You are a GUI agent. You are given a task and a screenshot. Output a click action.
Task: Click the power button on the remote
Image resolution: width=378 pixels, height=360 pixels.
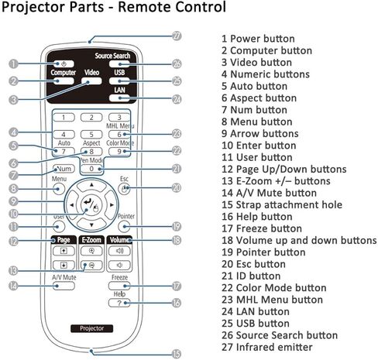click(64, 63)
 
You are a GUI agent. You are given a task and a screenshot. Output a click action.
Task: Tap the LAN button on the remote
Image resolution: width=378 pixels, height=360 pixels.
click(119, 98)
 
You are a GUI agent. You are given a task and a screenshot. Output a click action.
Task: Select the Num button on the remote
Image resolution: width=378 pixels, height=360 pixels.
click(64, 169)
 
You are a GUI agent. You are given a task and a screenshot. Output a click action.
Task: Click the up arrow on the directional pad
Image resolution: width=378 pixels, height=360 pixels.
click(91, 186)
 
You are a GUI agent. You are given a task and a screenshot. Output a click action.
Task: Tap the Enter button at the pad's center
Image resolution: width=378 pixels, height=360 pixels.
click(91, 205)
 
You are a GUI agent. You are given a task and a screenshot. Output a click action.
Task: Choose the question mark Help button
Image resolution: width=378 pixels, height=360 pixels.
click(119, 303)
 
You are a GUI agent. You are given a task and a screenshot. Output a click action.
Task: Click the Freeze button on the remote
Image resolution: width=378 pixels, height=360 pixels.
click(119, 286)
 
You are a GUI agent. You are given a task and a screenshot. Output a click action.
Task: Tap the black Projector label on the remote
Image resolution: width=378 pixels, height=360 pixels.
click(91, 328)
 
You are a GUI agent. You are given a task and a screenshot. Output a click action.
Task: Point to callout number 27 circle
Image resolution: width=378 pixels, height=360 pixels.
click(177, 36)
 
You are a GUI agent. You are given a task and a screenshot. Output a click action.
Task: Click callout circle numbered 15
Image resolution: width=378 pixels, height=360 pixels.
click(177, 354)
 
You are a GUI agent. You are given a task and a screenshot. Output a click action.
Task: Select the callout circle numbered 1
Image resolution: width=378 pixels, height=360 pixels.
click(13, 63)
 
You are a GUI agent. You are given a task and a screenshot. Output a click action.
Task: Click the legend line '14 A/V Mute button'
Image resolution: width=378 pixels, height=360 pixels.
click(269, 193)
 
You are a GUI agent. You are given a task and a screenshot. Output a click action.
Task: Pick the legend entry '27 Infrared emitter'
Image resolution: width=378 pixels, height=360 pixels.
click(267, 347)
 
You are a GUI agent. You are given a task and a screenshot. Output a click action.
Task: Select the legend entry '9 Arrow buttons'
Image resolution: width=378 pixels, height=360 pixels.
click(260, 133)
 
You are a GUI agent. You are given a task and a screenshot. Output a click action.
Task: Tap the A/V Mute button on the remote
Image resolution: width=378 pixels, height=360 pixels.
click(64, 286)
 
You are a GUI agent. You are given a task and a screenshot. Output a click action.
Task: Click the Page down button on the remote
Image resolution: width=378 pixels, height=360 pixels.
click(64, 265)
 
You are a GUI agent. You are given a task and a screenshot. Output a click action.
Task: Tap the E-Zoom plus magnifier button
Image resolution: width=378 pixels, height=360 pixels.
click(91, 251)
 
